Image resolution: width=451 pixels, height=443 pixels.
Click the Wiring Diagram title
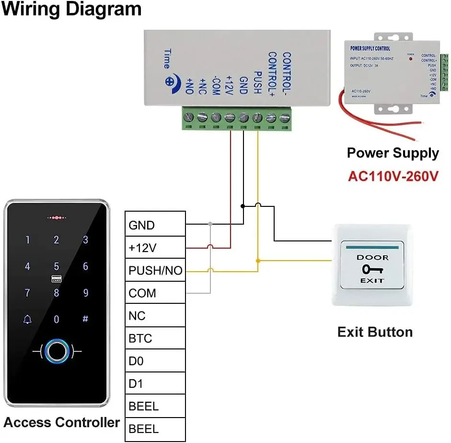(x=71, y=10)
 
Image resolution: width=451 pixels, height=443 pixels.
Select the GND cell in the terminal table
(x=155, y=225)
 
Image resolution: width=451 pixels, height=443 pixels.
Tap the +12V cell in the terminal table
(x=155, y=248)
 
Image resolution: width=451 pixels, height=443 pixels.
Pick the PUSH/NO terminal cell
(x=155, y=271)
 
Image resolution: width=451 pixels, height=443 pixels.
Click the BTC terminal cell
(x=155, y=338)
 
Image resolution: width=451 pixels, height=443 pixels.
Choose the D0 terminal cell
(x=155, y=361)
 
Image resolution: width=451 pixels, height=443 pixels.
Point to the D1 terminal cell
(x=155, y=384)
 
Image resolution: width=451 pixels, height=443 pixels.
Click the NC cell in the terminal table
(x=155, y=316)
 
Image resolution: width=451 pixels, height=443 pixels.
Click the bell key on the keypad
(x=27, y=319)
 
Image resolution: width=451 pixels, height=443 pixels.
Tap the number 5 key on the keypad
(x=57, y=266)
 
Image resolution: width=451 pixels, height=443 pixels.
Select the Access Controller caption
(x=62, y=422)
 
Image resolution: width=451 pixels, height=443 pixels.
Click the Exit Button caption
(x=375, y=332)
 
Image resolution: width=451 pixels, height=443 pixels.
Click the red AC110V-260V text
(x=393, y=176)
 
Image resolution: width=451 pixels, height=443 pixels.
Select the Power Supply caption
(x=393, y=153)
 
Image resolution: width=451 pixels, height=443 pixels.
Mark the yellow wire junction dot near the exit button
(x=258, y=261)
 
